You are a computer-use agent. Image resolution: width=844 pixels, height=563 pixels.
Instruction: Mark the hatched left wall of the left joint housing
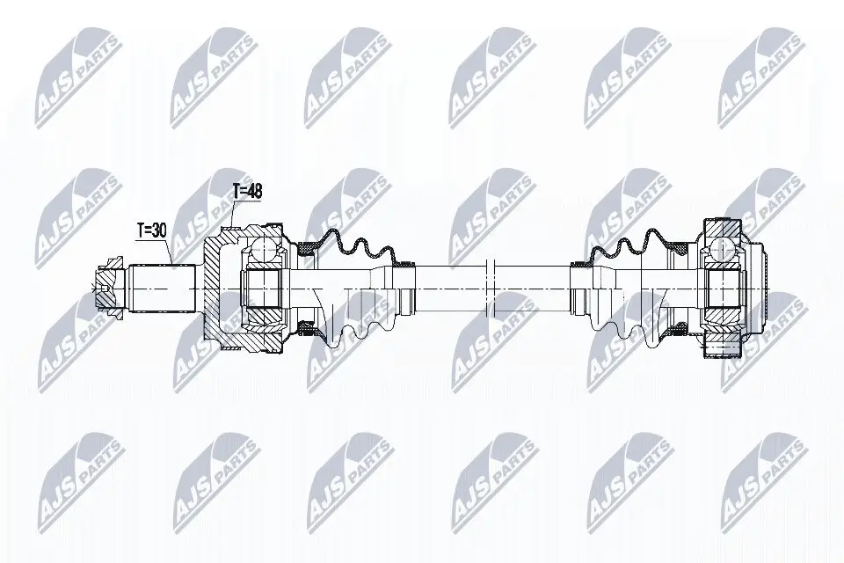pyautogui.click(x=215, y=287)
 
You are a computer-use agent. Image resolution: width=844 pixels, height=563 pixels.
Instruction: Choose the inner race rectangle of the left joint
pyautogui.click(x=260, y=287)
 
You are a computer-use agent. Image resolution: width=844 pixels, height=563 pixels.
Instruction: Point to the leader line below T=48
pyautogui.click(x=234, y=214)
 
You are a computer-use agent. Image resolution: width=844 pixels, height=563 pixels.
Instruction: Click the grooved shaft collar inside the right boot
pyautogui.click(x=581, y=287)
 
